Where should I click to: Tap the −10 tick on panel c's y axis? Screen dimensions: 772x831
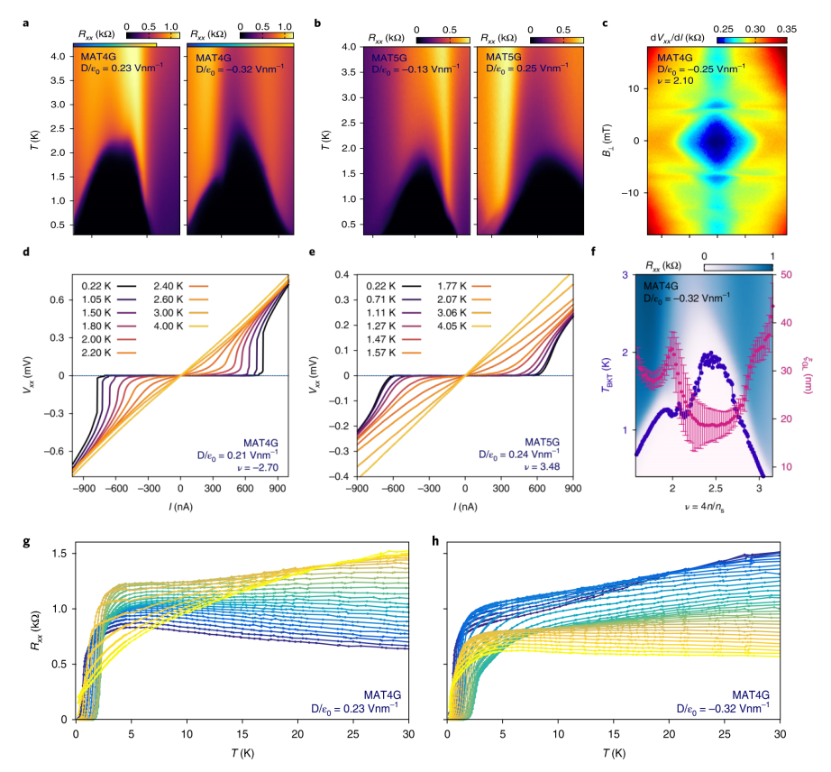[x=633, y=192]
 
